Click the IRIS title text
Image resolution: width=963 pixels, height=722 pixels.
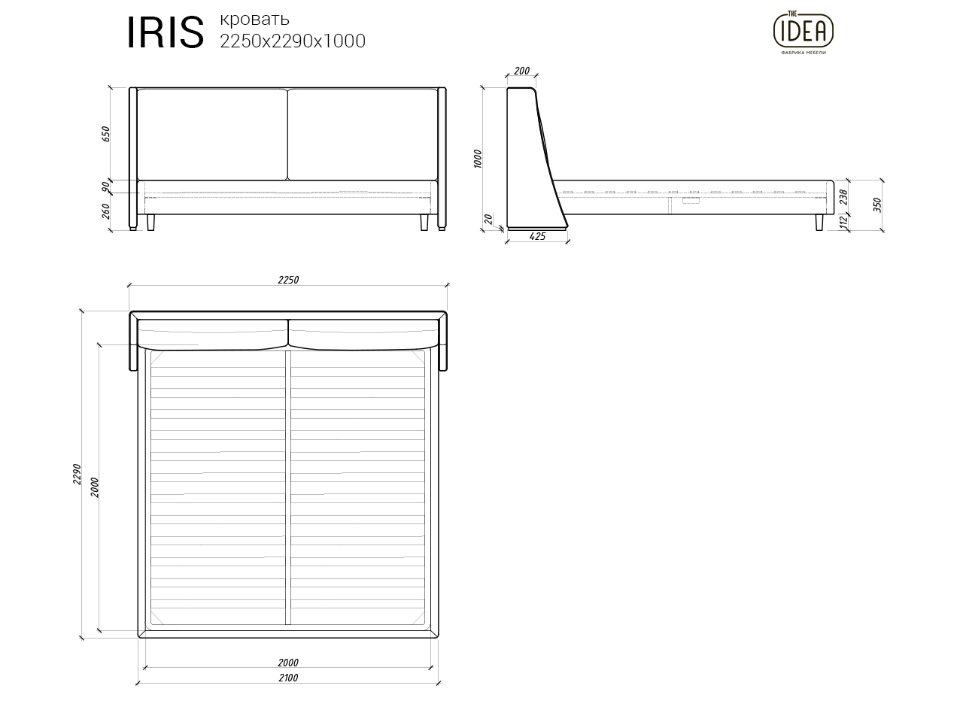pyautogui.click(x=165, y=33)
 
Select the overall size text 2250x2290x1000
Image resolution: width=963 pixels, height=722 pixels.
pyautogui.click(x=292, y=41)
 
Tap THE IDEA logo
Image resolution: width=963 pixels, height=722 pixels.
pyautogui.click(x=804, y=30)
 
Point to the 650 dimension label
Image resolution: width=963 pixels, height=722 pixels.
pyautogui.click(x=106, y=134)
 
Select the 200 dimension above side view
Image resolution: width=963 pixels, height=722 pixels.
pyautogui.click(x=521, y=71)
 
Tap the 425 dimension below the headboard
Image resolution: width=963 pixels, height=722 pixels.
pyautogui.click(x=537, y=237)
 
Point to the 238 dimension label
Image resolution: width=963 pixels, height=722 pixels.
pyautogui.click(x=843, y=197)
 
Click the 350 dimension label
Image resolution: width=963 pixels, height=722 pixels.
pyautogui.click(x=877, y=205)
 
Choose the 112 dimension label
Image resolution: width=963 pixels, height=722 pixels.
pyautogui.click(x=843, y=223)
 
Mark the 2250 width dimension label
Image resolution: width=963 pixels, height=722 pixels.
pyautogui.click(x=288, y=280)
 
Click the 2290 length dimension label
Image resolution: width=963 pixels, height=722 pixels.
pyautogui.click(x=76, y=474)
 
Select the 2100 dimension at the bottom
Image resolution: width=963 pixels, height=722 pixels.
pyautogui.click(x=288, y=678)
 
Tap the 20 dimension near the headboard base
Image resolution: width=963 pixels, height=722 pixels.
pyautogui.click(x=489, y=220)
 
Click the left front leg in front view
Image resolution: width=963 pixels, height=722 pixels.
pyautogui.click(x=151, y=223)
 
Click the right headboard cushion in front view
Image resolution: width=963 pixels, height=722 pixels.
pyautogui.click(x=362, y=134)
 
